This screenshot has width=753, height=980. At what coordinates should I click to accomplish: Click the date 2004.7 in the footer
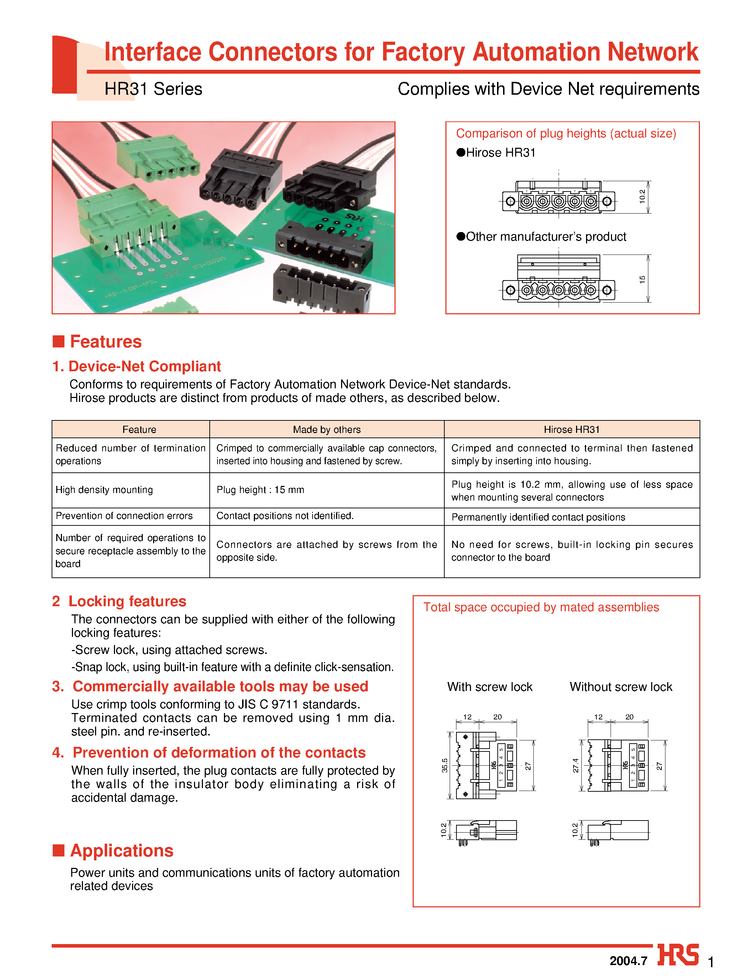click(628, 961)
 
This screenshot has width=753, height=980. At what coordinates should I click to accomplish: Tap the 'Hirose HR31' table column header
click(571, 429)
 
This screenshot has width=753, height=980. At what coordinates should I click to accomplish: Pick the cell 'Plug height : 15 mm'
click(260, 490)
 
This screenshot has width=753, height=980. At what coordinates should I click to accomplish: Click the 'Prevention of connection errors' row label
click(124, 516)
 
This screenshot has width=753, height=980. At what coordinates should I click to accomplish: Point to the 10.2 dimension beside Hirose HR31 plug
click(642, 196)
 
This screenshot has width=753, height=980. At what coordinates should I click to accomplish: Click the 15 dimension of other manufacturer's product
click(642, 279)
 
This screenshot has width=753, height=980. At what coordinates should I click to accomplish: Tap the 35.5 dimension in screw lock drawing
click(445, 765)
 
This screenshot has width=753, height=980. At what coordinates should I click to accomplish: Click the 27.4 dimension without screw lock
click(575, 765)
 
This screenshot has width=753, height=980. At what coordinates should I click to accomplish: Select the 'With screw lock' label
click(490, 687)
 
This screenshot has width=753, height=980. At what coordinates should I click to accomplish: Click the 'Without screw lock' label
click(621, 687)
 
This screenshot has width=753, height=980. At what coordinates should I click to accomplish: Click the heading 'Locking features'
click(127, 601)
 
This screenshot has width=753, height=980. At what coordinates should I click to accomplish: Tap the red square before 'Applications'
click(58, 850)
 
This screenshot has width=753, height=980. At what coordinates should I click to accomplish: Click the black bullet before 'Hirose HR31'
click(461, 152)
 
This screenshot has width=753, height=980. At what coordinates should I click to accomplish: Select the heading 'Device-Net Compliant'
click(144, 366)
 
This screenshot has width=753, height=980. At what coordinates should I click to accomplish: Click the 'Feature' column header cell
click(140, 429)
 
